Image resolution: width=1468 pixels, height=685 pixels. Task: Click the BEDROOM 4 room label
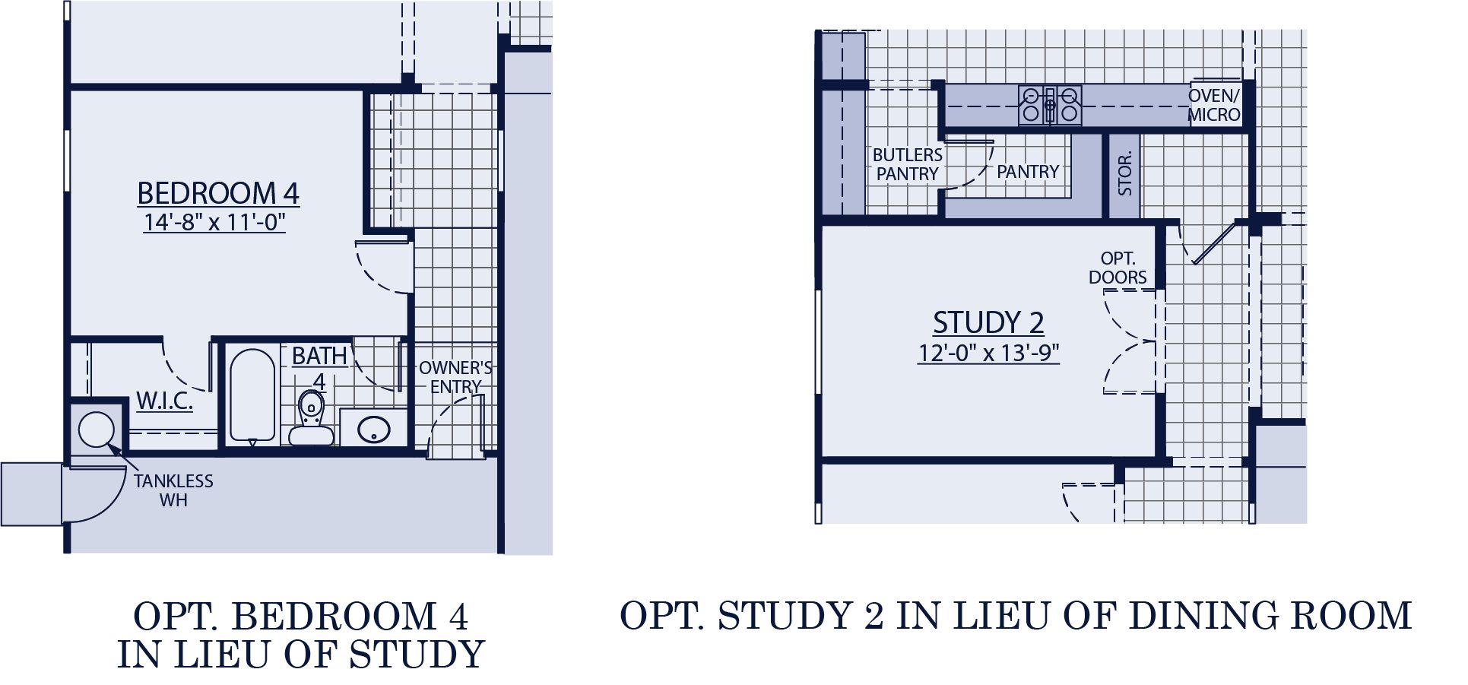pos(217,193)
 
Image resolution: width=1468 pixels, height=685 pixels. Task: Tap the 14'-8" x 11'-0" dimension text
pos(214,222)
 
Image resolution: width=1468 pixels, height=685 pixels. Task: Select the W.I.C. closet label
pos(164,401)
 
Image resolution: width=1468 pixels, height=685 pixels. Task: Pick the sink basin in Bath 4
pos(373,430)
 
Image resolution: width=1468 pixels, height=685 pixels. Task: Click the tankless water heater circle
pos(96,430)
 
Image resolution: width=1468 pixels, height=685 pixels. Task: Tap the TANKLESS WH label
pos(173,490)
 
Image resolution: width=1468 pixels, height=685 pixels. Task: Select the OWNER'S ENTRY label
pos(455,377)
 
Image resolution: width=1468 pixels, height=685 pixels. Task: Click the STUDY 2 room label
pos(988,322)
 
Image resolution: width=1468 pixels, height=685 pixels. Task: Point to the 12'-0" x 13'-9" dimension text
pos(988,353)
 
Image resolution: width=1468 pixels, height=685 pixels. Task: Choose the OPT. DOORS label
pos(1118,268)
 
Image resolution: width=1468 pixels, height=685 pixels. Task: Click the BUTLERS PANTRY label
pos(907,164)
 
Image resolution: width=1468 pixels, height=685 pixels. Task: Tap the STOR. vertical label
pos(1125,173)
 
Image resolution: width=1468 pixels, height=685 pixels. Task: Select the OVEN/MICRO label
pos(1214,106)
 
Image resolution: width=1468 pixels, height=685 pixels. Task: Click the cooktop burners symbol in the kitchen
pos(1050,105)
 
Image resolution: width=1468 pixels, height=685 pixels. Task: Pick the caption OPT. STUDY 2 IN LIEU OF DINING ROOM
pos(1016,616)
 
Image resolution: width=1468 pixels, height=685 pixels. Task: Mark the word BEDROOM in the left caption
pos(334,616)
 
